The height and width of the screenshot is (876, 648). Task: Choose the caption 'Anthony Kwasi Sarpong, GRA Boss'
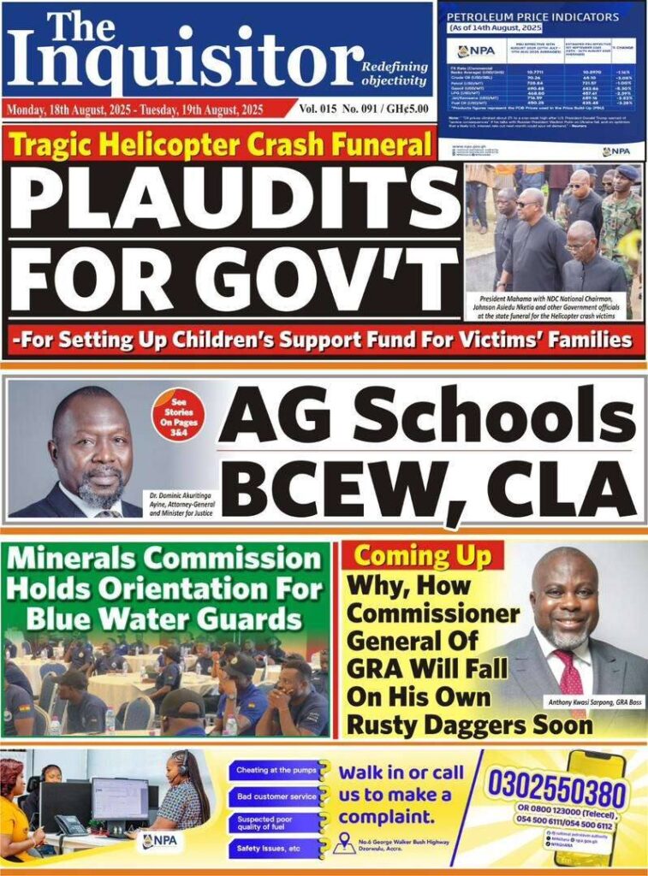(583, 703)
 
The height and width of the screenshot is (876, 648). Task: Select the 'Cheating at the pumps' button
(276, 771)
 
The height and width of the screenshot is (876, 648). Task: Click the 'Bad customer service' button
(276, 796)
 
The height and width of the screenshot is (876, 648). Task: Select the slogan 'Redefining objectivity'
(393, 74)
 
